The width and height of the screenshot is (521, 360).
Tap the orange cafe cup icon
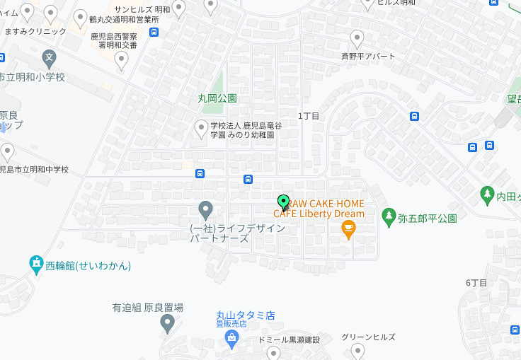click(x=348, y=228)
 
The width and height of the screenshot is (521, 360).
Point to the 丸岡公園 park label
click(x=217, y=98)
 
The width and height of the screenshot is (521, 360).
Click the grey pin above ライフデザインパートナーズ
click(x=205, y=209)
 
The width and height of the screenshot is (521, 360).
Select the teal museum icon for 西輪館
click(x=37, y=265)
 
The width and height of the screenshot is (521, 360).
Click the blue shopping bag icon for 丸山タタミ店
click(x=231, y=337)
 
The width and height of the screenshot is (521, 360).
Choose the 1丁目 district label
click(x=309, y=115)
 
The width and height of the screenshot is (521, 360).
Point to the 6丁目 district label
click(x=476, y=283)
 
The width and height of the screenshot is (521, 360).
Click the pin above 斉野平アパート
click(x=357, y=39)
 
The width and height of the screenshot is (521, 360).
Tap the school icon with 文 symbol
click(x=49, y=57)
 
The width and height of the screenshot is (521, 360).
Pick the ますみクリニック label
click(x=35, y=31)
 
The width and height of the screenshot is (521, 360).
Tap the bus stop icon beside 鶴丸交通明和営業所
click(x=154, y=32)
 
